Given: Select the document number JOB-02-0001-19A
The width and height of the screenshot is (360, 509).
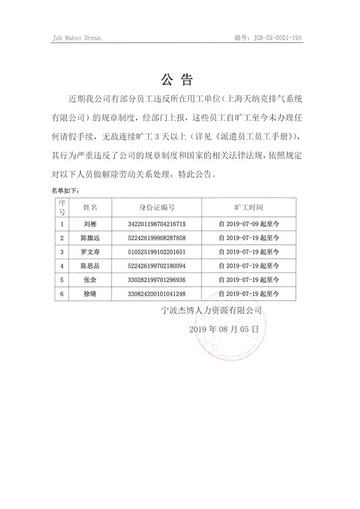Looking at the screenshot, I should tap(268, 37).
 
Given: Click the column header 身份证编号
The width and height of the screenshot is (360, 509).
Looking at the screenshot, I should tap(157, 207).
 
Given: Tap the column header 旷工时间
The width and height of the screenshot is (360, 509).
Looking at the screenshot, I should tap(249, 207).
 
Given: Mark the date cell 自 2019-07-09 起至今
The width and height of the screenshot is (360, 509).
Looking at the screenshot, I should tap(250, 223).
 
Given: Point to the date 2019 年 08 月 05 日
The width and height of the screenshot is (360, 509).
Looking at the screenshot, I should tap(224, 330).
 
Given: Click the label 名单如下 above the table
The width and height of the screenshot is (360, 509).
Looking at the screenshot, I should tap(64, 190).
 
